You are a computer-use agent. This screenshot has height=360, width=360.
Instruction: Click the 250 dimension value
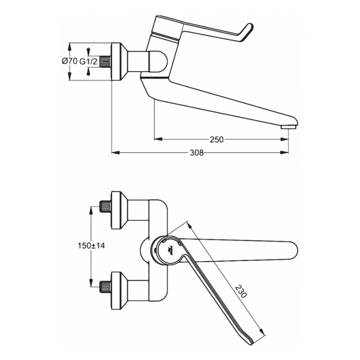[x=217, y=139]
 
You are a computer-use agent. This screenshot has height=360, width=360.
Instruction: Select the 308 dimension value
[x=197, y=152]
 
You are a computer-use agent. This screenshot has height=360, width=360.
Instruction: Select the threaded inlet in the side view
[x=107, y=61]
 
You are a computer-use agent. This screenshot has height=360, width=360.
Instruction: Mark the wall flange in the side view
[x=119, y=61]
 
